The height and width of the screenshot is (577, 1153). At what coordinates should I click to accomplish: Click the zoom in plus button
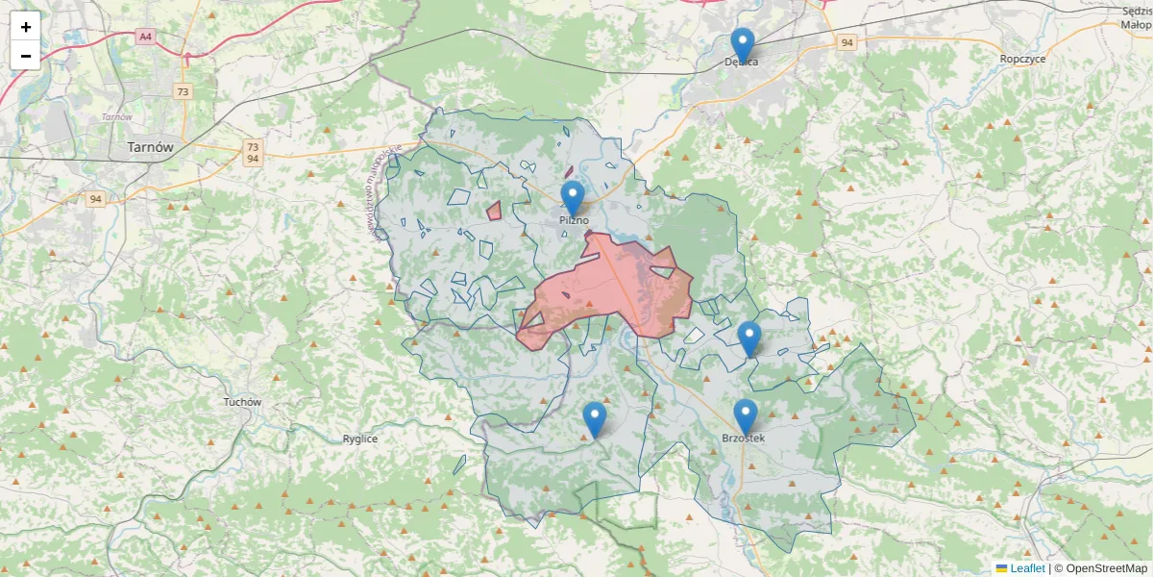(26, 27)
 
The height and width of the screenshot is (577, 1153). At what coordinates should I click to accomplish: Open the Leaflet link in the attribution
(1027, 568)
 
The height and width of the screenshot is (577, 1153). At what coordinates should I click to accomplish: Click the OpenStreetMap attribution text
(1106, 568)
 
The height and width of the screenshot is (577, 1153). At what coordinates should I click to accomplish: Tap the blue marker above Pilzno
(573, 198)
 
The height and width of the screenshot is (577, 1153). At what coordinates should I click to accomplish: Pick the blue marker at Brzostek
(746, 416)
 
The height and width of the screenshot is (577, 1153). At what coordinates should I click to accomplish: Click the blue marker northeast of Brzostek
(749, 339)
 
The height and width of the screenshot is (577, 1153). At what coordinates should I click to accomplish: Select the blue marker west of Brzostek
(595, 419)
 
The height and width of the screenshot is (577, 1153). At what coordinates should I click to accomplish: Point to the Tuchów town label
(242, 402)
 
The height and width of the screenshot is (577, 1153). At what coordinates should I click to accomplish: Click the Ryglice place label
(360, 439)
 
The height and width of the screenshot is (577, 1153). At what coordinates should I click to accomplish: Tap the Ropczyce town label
(1022, 59)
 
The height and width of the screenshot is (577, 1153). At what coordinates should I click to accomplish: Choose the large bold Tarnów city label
(151, 148)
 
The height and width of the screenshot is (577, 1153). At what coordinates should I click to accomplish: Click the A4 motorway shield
(145, 37)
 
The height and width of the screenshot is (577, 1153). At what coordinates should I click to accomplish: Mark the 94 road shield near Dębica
(846, 43)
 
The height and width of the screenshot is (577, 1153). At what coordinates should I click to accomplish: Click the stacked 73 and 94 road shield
(253, 152)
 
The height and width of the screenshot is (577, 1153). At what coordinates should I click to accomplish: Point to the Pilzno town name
(574, 220)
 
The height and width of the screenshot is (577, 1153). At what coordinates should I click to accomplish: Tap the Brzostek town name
(744, 439)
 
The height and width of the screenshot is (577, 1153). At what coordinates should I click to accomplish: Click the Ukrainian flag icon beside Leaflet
(1001, 568)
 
